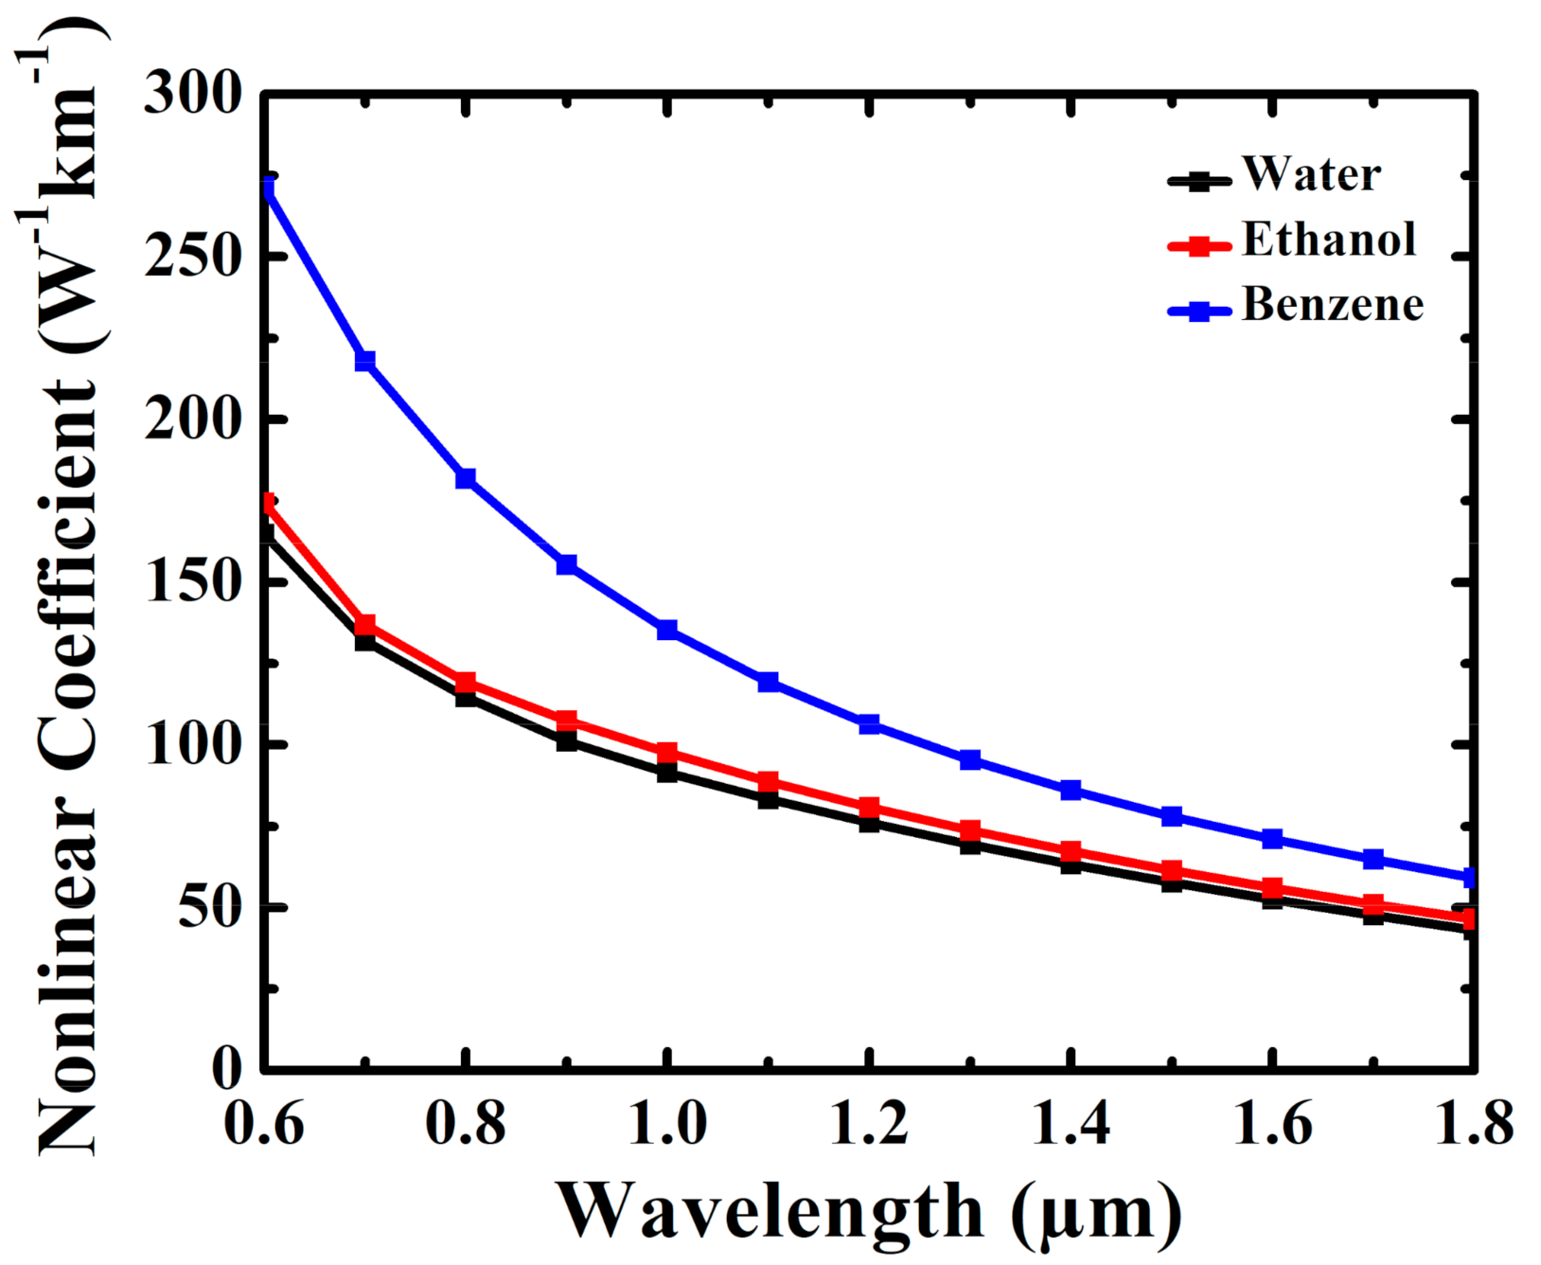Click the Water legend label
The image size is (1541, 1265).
tap(1311, 174)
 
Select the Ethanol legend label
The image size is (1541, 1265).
tap(1328, 240)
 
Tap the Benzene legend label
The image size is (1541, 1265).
tap(1332, 305)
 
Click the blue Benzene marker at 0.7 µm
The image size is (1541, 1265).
tap(365, 361)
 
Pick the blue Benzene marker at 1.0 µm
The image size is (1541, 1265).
tap(667, 630)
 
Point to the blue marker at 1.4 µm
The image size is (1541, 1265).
tap(1071, 790)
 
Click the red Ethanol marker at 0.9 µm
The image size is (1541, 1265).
tap(566, 721)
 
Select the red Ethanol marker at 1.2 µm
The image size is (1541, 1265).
tap(869, 808)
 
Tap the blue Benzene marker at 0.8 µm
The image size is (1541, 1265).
tap(466, 478)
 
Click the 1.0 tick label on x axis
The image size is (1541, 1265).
tap(667, 1124)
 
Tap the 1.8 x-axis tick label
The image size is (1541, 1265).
tap(1473, 1124)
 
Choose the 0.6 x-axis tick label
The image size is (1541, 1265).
tap(265, 1124)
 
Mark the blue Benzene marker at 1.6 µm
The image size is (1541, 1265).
tap(1272, 839)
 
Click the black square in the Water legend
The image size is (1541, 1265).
tap(1199, 180)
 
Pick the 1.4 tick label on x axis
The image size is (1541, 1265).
tap(1071, 1124)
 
